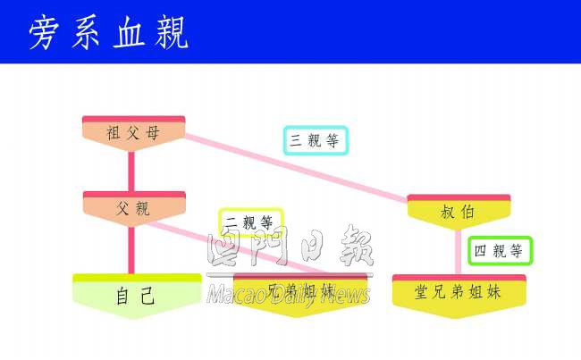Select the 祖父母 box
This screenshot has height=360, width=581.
[x=133, y=133]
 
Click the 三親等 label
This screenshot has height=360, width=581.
[x=316, y=140]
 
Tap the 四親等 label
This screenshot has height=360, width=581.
[x=500, y=251]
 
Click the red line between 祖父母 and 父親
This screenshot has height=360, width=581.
[x=132, y=171]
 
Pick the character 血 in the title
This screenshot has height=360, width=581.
[x=129, y=33]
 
